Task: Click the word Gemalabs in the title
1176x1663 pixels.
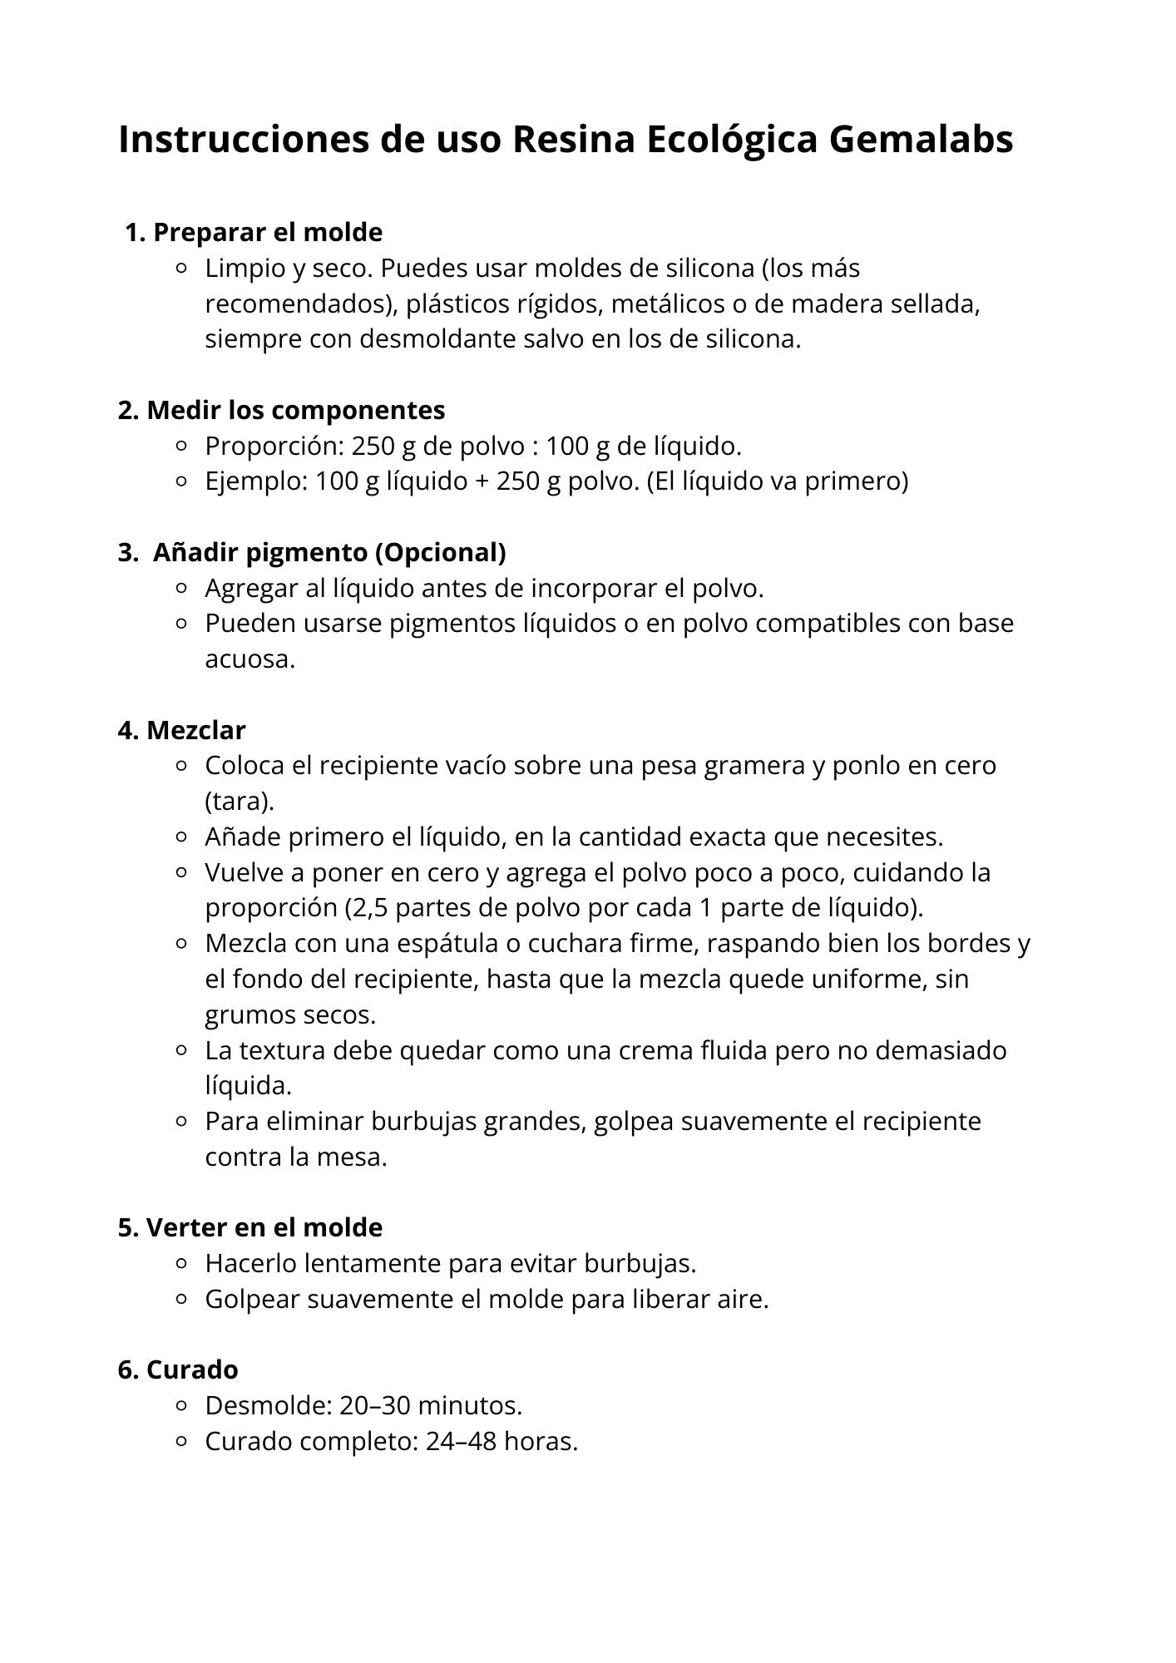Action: [921, 139]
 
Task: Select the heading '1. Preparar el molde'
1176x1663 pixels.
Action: [254, 232]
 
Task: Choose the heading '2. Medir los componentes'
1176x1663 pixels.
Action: [281, 410]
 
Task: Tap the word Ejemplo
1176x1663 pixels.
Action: [254, 481]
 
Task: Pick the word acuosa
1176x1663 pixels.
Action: [250, 659]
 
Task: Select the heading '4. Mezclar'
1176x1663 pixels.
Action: [181, 730]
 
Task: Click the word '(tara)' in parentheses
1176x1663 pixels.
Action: [240, 802]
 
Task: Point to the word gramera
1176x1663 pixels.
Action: [754, 766]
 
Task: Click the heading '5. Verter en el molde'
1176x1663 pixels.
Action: [250, 1227]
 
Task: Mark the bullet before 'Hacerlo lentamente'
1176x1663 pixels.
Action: [182, 1264]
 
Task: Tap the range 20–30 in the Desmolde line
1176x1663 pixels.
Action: [374, 1405]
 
